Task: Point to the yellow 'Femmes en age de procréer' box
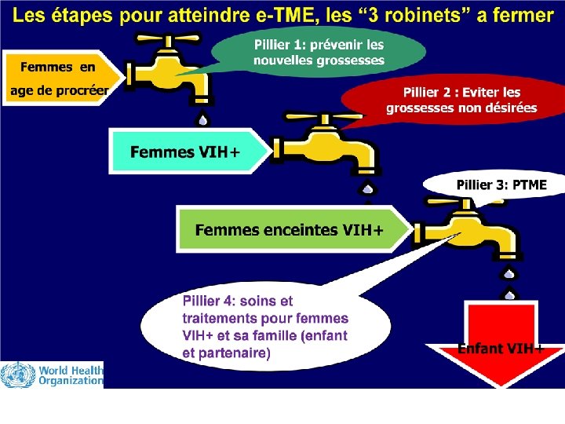pos(60,79)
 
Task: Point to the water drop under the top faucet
pos(203,120)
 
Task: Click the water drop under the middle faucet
pos(366,188)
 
